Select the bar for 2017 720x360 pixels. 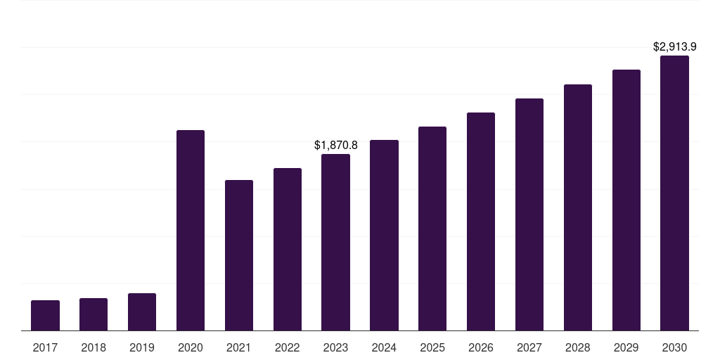(x=46, y=316)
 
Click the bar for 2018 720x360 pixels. (x=94, y=314)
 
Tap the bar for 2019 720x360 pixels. (x=142, y=311)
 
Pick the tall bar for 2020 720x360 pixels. (x=191, y=231)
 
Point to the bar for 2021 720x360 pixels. (x=239, y=255)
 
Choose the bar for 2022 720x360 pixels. (x=288, y=250)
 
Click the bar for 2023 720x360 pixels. (x=335, y=243)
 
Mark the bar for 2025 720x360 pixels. (x=432, y=229)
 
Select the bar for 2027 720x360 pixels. (x=529, y=214)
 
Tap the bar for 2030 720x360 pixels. (x=674, y=193)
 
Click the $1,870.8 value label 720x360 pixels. (x=335, y=145)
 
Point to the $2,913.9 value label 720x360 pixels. (x=674, y=47)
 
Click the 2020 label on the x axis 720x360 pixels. (x=191, y=347)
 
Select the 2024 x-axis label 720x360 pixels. (x=384, y=347)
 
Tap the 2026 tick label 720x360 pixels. (x=481, y=347)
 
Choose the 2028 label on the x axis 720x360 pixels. (x=578, y=347)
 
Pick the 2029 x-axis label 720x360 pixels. (x=626, y=347)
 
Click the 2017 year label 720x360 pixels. (x=46, y=347)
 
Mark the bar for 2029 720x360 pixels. (x=626, y=200)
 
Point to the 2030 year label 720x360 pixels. (x=674, y=347)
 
